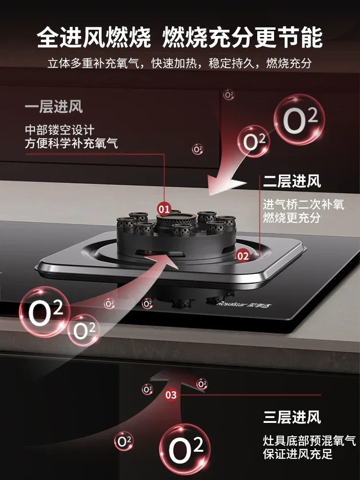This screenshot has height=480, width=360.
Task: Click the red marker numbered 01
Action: click(164, 209)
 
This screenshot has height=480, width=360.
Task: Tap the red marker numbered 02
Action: click(243, 256)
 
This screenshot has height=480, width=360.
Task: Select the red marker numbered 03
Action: click(171, 395)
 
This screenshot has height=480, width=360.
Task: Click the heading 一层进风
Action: click(54, 107)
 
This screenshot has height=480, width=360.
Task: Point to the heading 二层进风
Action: click(292, 181)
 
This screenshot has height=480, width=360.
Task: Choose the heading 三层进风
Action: click(292, 417)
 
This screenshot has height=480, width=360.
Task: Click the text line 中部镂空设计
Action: click(60, 130)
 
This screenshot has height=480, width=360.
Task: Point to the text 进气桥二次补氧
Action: click(303, 204)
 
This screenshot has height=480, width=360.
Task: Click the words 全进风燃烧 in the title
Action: click(94, 37)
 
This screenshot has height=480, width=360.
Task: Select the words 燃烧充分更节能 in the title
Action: click(242, 37)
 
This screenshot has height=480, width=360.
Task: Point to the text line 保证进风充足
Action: click(298, 454)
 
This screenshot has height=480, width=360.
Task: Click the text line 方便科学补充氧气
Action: click(72, 143)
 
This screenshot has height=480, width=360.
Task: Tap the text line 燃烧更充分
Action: click(291, 217)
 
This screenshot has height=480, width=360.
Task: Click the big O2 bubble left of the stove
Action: click(45, 312)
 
